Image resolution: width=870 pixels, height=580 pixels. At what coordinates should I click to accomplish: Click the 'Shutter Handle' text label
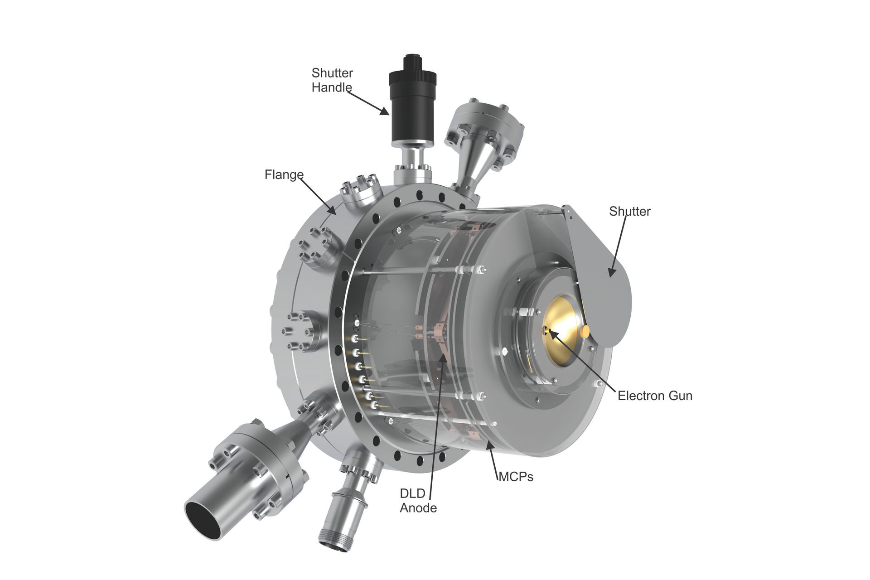coord(332,80)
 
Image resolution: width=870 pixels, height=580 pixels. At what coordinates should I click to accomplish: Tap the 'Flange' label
coord(284,174)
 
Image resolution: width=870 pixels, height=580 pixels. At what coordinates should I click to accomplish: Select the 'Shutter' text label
coord(629,211)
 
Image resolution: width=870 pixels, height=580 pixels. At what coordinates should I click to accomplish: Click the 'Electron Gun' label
coord(655,396)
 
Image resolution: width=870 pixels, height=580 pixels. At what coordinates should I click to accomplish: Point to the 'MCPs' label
coord(516,477)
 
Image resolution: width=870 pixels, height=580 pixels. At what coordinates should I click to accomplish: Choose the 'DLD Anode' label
coord(418,501)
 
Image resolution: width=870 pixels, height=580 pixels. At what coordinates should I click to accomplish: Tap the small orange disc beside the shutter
coord(585,332)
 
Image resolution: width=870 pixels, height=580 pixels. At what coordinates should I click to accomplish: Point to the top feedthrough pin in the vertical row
coord(357,323)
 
